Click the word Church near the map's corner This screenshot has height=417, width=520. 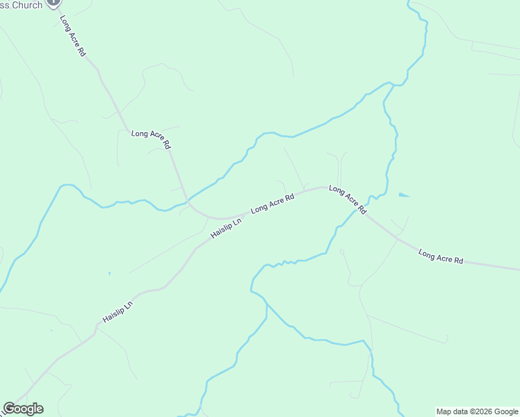[26, 5]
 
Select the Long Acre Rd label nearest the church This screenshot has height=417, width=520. [72, 36]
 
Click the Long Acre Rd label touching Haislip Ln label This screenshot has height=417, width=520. [273, 203]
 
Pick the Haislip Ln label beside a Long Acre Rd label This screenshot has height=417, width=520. [226, 227]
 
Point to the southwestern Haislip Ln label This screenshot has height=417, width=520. [117, 311]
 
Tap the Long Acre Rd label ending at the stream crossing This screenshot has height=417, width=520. [347, 199]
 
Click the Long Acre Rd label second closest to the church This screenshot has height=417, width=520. [151, 139]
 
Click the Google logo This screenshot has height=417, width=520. [23, 409]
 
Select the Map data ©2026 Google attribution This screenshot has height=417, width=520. [478, 411]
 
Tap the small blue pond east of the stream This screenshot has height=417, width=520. [404, 195]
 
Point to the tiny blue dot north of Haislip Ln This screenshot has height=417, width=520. [109, 274]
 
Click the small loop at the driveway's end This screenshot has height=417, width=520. [342, 252]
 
